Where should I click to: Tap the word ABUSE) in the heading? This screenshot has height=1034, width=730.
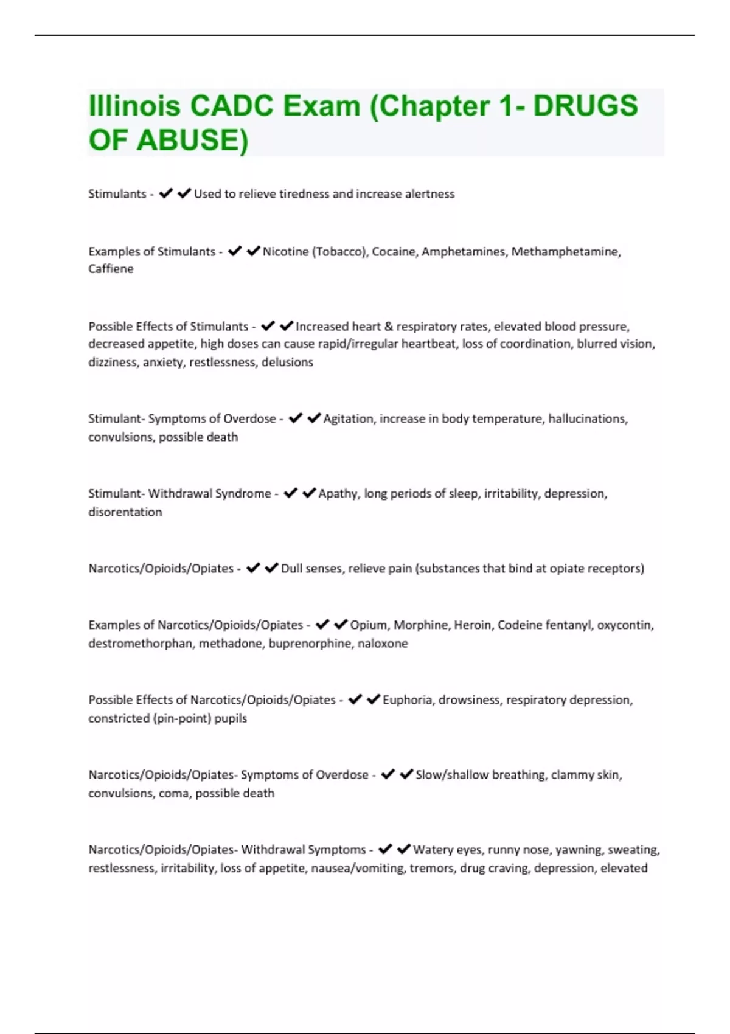pos(192,140)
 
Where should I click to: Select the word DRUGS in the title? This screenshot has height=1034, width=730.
pos(585,106)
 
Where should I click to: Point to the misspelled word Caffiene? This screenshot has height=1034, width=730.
pos(111,269)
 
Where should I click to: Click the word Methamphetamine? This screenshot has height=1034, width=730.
pos(565,251)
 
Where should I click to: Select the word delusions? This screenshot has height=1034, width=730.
pos(287,362)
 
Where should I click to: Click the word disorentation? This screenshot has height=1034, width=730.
pos(125,512)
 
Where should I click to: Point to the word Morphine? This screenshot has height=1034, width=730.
pos(420,625)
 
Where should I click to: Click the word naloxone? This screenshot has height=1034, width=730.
pos(383,644)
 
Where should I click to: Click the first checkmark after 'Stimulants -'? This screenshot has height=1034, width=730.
pos(165,193)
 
